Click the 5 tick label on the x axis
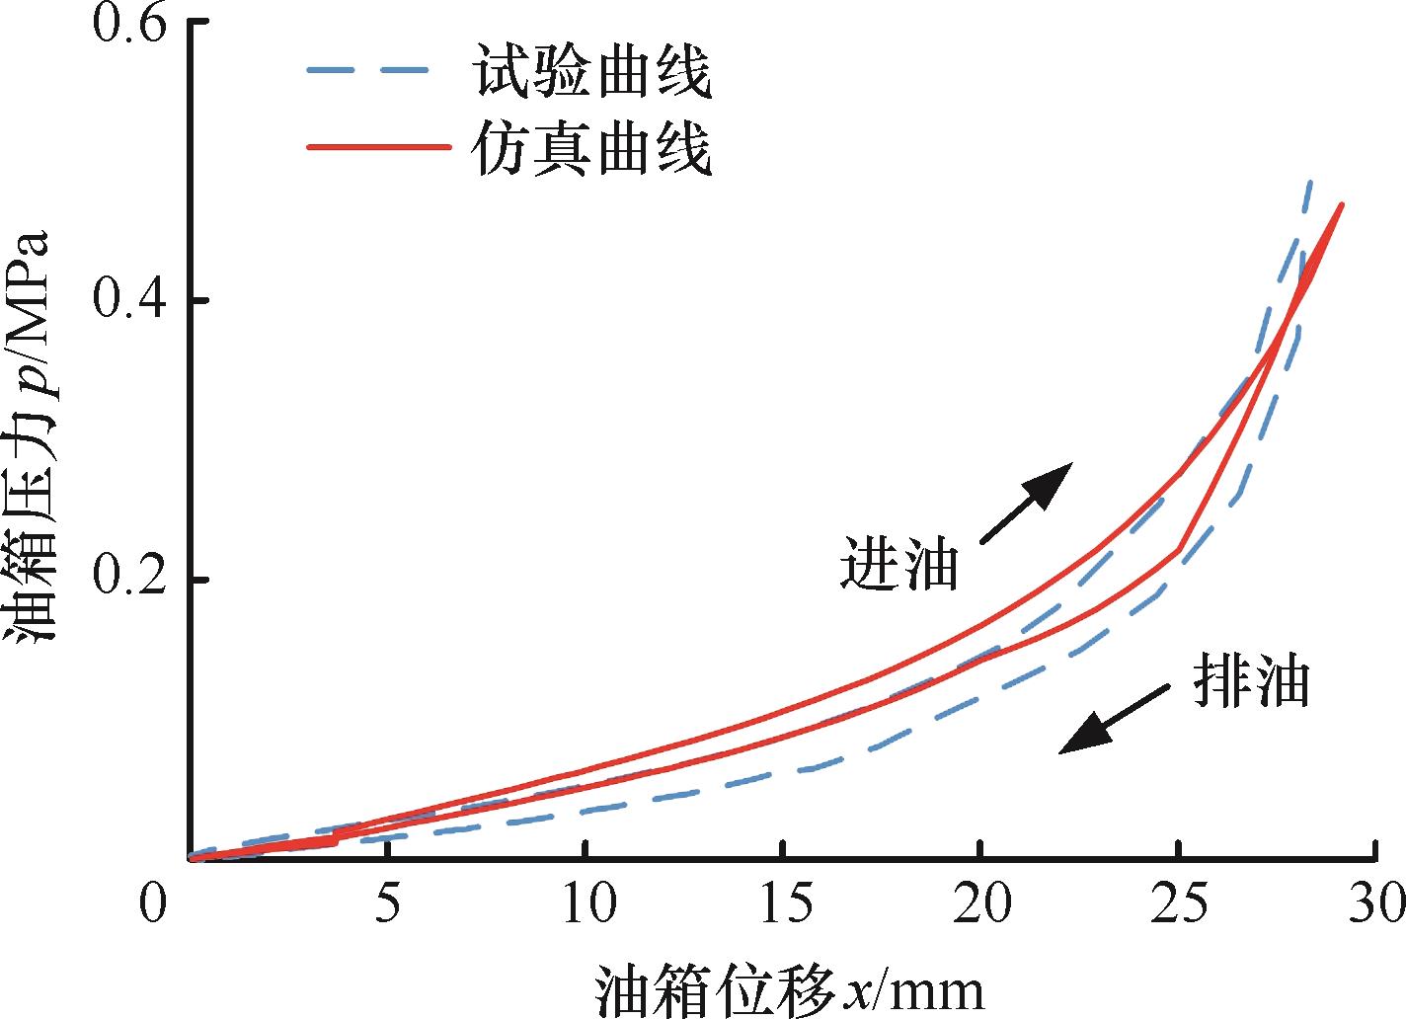(388, 903)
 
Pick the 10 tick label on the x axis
(586, 903)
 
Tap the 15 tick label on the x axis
(783, 903)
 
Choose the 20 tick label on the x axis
(980, 903)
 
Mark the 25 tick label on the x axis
(1178, 903)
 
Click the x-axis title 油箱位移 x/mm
(790, 989)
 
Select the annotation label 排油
(1250, 681)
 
